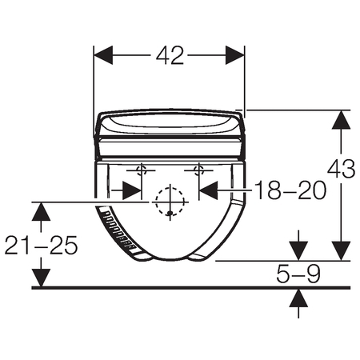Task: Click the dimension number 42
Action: [170, 56]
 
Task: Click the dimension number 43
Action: [342, 169]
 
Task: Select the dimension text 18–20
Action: [290, 190]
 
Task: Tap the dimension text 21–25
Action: [41, 245]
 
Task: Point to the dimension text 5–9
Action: [298, 274]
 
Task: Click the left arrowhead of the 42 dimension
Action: [103, 55]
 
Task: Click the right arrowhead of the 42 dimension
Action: [234, 55]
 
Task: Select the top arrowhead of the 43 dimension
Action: [341, 120]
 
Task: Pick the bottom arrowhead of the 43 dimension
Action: [341, 251]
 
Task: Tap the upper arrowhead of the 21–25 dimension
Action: [41, 212]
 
